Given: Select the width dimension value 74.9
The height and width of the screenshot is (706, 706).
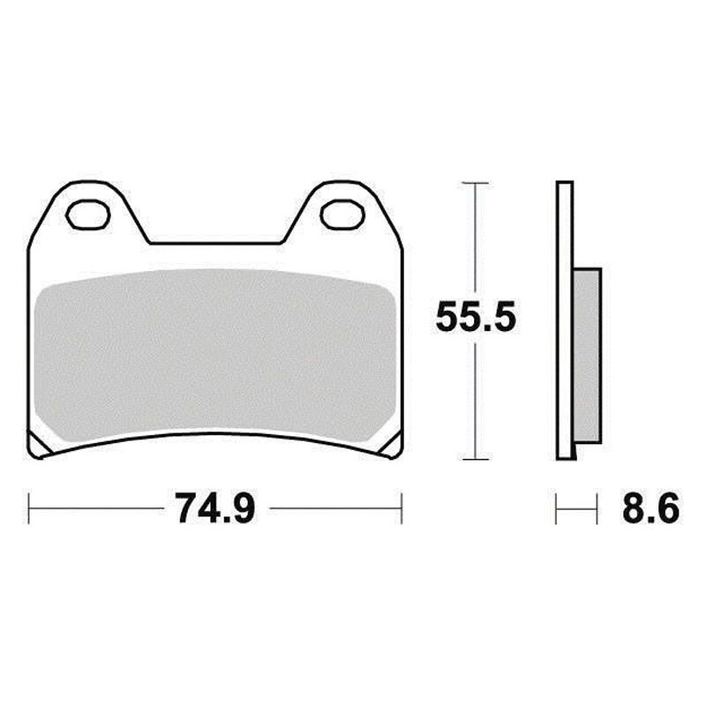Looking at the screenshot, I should [x=215, y=509].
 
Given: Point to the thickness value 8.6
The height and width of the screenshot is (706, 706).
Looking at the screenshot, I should [x=651, y=509].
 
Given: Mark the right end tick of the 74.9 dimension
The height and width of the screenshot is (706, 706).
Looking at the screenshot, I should [x=402, y=509].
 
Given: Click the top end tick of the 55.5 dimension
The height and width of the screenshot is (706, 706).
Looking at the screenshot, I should [x=475, y=183].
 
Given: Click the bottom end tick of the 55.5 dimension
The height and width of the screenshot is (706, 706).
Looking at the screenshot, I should [x=475, y=459].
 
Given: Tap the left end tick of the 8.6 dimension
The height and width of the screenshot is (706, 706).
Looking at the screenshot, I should [x=556, y=509].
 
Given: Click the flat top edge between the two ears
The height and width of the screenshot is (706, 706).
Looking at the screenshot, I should [x=215, y=243].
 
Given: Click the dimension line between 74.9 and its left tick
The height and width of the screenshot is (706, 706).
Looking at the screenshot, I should [x=97, y=509].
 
